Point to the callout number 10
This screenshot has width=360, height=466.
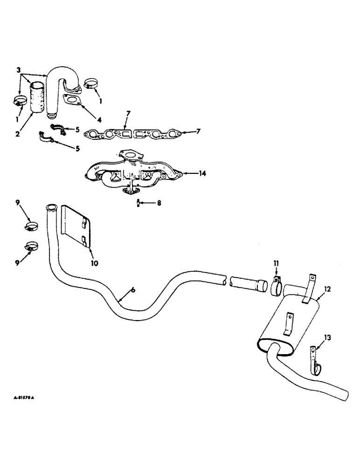94,263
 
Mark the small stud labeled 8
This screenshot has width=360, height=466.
138,203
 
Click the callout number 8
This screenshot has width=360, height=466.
159,204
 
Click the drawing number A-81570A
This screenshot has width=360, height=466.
24,399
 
